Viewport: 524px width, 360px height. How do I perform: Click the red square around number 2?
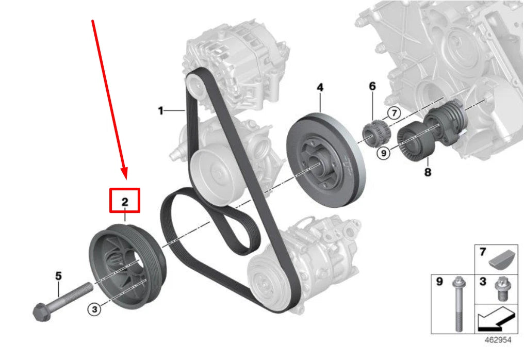[x=125, y=200]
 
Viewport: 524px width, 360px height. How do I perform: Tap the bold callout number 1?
[x=161, y=110]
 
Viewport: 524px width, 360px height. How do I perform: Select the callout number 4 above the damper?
[x=320, y=88]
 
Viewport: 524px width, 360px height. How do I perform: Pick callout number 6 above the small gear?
[x=372, y=86]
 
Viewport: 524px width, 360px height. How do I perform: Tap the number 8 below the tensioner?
[x=428, y=172]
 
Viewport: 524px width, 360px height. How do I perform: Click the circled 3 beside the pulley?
[x=93, y=309]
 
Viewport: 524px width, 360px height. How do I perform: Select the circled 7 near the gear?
[x=394, y=112]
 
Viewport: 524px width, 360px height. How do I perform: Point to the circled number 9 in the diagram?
[x=383, y=153]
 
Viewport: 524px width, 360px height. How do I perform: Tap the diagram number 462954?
[x=498, y=341]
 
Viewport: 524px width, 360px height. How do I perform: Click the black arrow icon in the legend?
[x=496, y=318]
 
